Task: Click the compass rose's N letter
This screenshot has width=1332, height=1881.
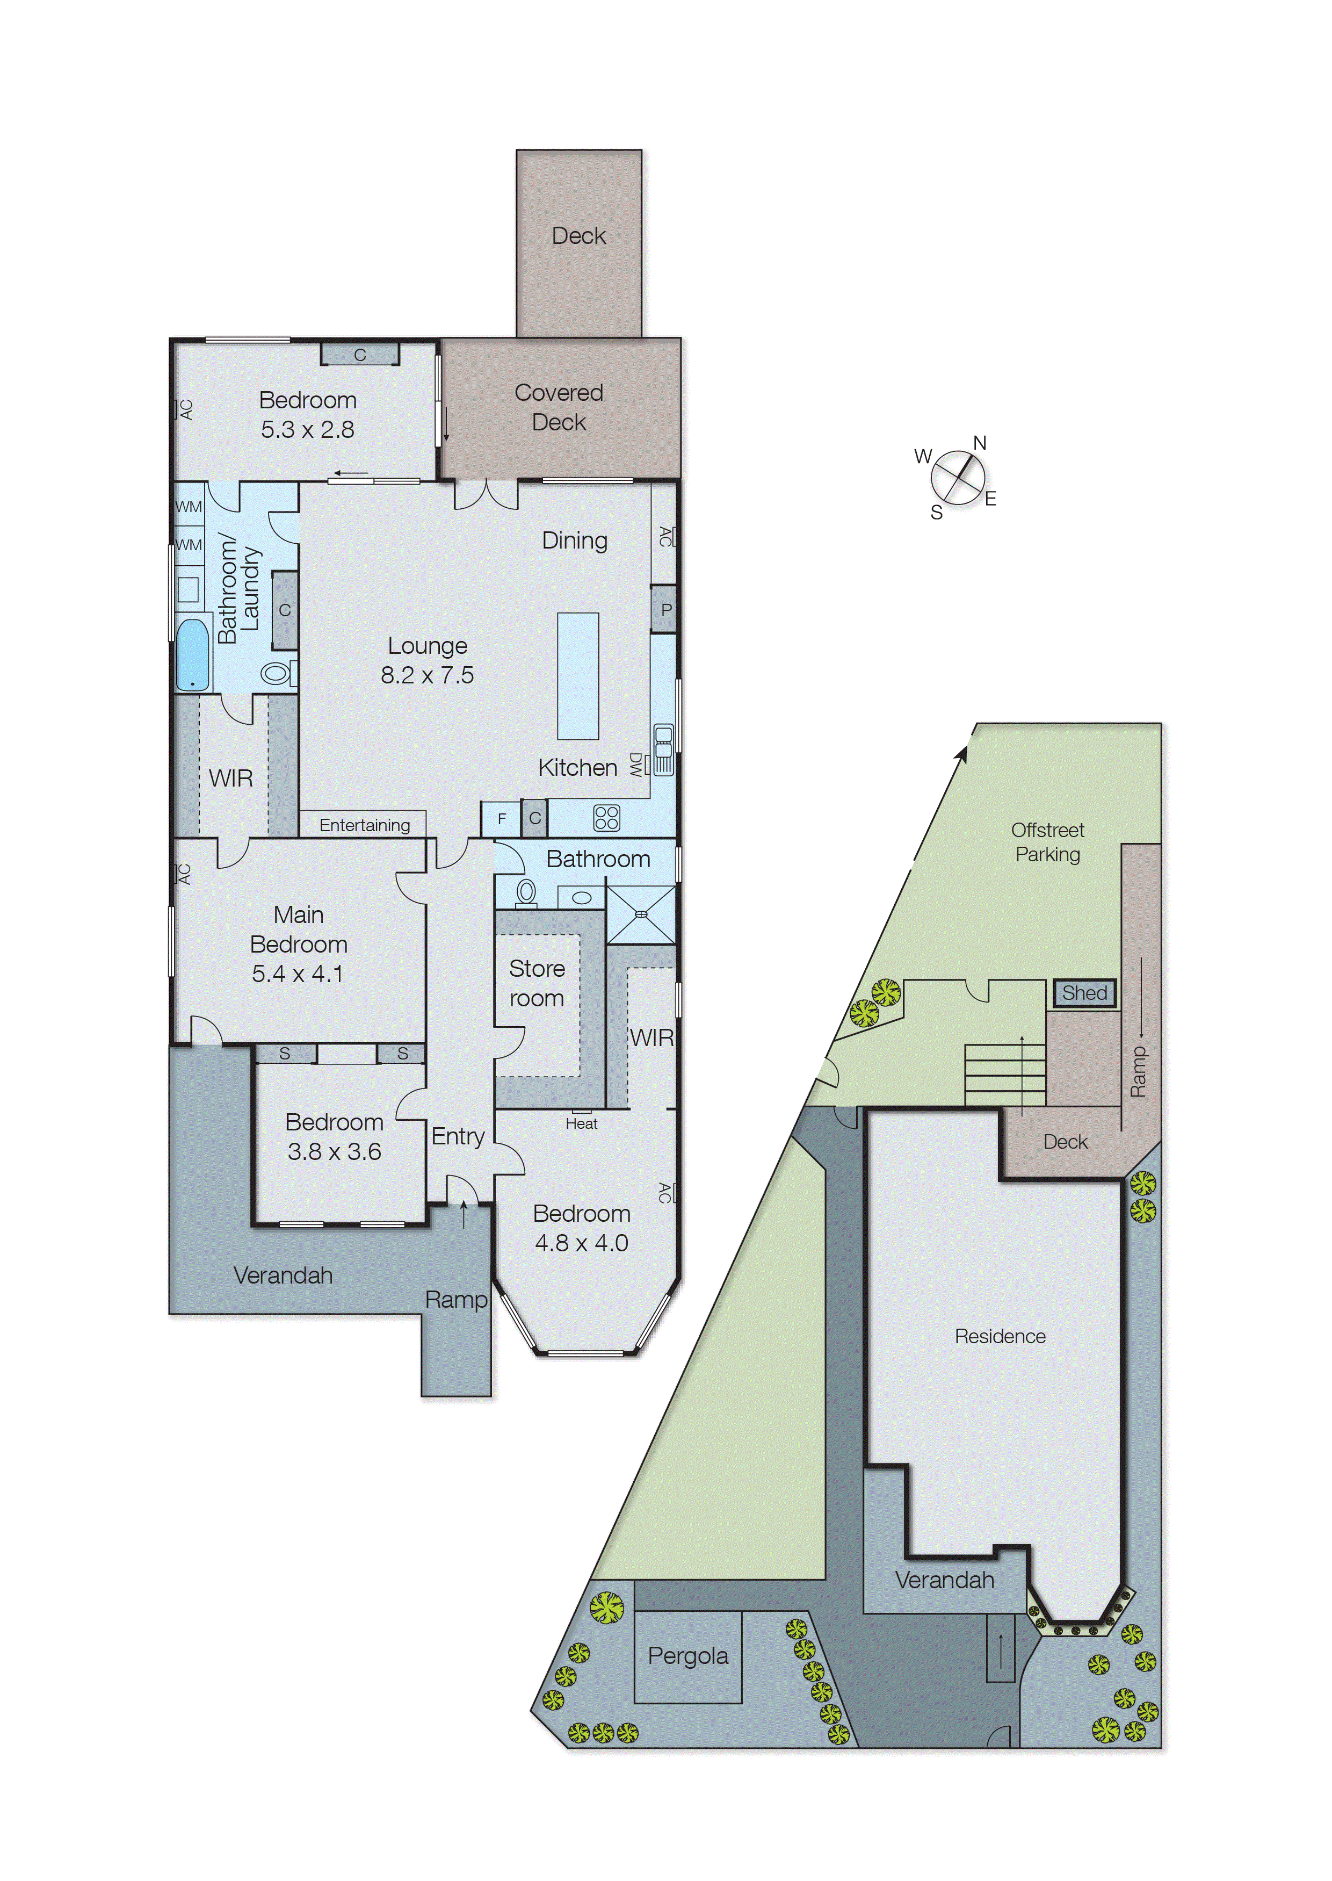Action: pyautogui.click(x=979, y=443)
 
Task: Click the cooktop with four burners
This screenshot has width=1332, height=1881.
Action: pyautogui.click(x=606, y=818)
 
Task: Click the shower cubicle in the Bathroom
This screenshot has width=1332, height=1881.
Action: pyautogui.click(x=641, y=914)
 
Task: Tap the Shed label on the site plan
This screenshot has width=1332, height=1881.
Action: pyautogui.click(x=1084, y=992)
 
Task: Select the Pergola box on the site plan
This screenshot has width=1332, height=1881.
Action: pyautogui.click(x=687, y=1656)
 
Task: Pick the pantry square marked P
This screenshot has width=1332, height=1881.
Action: pyautogui.click(x=665, y=609)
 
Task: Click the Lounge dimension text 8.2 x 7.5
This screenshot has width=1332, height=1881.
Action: pyautogui.click(x=426, y=675)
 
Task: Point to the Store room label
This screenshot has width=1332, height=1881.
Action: pyautogui.click(x=537, y=983)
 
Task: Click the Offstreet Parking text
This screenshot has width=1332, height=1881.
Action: pyautogui.click(x=1047, y=842)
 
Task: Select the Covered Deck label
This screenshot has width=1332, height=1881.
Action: pyautogui.click(x=559, y=407)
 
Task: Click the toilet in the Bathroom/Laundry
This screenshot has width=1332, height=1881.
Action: pyautogui.click(x=277, y=674)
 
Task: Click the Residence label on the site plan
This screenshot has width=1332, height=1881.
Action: pyautogui.click(x=1000, y=1336)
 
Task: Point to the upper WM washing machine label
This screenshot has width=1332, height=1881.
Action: pyautogui.click(x=189, y=507)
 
